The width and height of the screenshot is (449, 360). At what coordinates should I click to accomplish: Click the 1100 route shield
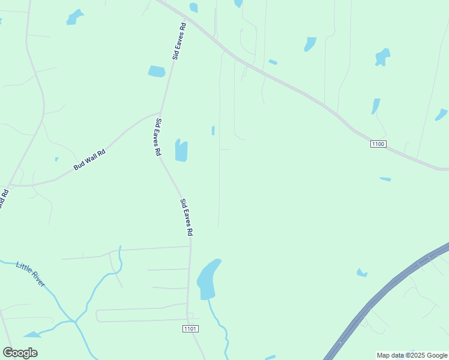tap(378, 144)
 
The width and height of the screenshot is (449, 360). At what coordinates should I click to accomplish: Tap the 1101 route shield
tap(190, 329)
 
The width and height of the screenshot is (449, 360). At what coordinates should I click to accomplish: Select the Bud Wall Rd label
tap(89, 160)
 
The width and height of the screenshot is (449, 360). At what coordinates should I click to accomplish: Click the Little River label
tap(31, 274)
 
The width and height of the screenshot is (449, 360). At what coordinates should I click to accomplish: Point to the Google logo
tap(20, 353)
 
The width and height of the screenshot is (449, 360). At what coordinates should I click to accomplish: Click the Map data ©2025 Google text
tap(411, 355)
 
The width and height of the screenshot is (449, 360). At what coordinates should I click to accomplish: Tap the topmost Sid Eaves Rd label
tap(179, 41)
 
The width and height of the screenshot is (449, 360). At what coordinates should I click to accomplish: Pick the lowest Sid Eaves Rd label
tap(187, 217)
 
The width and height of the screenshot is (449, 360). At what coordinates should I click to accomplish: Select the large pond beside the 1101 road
tap(207, 279)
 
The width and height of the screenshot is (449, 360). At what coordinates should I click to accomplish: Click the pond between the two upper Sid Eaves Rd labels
tap(157, 71)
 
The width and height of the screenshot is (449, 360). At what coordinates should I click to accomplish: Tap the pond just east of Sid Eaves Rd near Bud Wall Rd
tap(181, 150)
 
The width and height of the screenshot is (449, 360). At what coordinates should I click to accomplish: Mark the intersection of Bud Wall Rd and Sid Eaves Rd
tap(160, 112)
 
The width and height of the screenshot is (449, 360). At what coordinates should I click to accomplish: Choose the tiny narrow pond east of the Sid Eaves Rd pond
tap(213, 130)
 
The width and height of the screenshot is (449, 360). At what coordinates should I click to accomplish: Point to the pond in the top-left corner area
tap(75, 17)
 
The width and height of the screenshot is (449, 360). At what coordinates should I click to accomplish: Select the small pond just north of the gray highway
tap(361, 273)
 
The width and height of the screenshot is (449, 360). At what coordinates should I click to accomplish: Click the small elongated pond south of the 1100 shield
tap(385, 179)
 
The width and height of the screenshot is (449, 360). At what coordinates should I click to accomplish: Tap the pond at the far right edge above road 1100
tap(441, 114)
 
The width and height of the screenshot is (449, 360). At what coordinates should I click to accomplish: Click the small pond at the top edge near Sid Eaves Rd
tap(193, 7)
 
